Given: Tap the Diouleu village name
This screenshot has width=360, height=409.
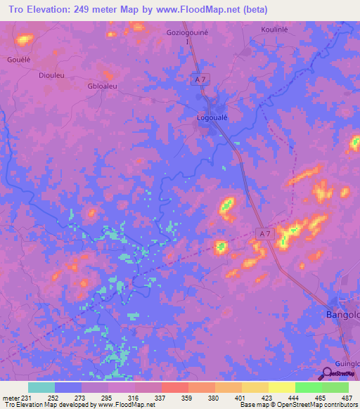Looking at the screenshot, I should point(53,74).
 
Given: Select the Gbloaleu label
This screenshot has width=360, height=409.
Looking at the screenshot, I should point(102,86).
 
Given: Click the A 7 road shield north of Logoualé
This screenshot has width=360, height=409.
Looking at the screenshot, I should point(200,80).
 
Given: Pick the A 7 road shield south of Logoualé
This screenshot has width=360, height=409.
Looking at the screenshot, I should point(264,234).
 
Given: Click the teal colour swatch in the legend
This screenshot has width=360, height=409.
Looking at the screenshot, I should point(41,387).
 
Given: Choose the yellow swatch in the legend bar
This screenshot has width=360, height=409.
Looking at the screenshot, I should point(281,387).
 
